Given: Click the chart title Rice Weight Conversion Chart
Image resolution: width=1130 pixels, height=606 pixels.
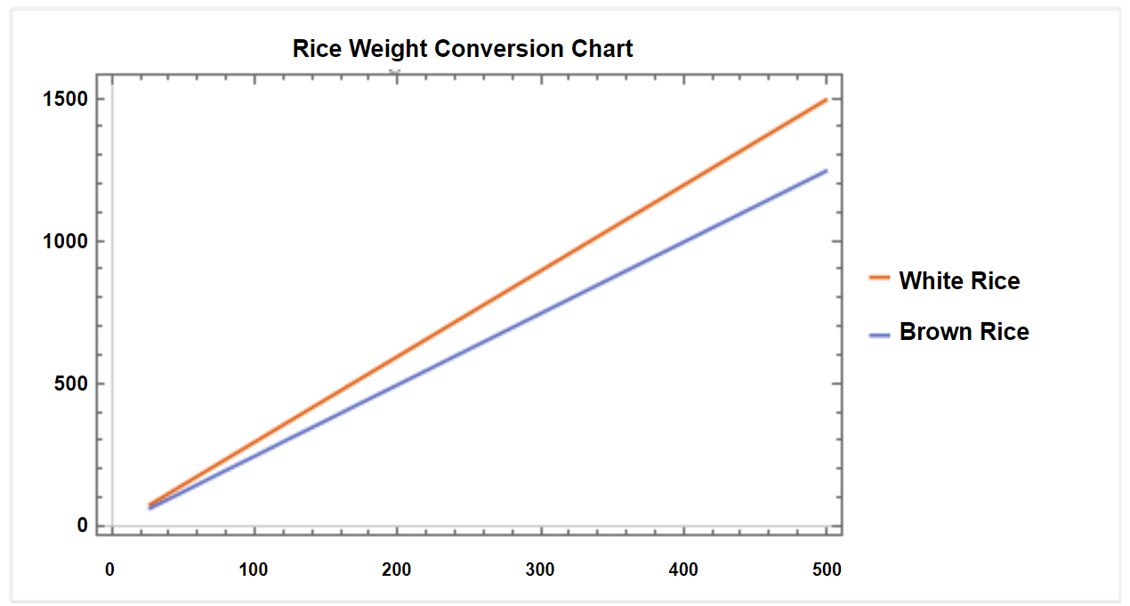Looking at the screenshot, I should (x=463, y=48).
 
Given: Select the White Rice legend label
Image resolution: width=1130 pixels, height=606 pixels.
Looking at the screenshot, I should (x=959, y=281).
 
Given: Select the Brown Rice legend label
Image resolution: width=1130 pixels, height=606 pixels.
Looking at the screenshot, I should (x=964, y=332).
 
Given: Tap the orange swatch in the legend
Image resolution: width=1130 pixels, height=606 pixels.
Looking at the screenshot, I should (x=879, y=279).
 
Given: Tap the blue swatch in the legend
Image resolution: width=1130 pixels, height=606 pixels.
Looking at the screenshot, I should (x=879, y=335).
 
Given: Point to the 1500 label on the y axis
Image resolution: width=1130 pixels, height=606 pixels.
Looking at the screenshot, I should (x=65, y=99).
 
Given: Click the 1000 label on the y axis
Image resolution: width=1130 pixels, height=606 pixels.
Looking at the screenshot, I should (x=65, y=241).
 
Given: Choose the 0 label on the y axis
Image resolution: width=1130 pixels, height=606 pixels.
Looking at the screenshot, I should (x=82, y=525).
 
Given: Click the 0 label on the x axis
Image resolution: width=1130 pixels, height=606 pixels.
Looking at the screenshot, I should (x=109, y=570).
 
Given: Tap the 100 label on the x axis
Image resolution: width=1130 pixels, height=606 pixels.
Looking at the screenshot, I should (x=254, y=570).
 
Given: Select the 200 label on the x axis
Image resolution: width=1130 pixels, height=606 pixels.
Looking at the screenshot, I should (x=397, y=570).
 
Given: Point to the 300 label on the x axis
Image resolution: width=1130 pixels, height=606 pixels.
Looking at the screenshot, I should (x=540, y=570).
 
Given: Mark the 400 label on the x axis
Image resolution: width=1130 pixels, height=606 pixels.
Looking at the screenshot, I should (x=683, y=570).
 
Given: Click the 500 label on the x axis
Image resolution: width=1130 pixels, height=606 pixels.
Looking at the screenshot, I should (x=827, y=570).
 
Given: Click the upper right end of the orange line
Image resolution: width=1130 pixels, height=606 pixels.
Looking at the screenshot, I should (x=826, y=100).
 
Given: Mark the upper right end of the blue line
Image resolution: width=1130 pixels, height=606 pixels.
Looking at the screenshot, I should (x=826, y=171).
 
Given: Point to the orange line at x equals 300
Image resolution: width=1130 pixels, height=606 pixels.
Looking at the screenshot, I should (x=541, y=270).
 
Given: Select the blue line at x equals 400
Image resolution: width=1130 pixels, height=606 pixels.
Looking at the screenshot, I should (x=683, y=241).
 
